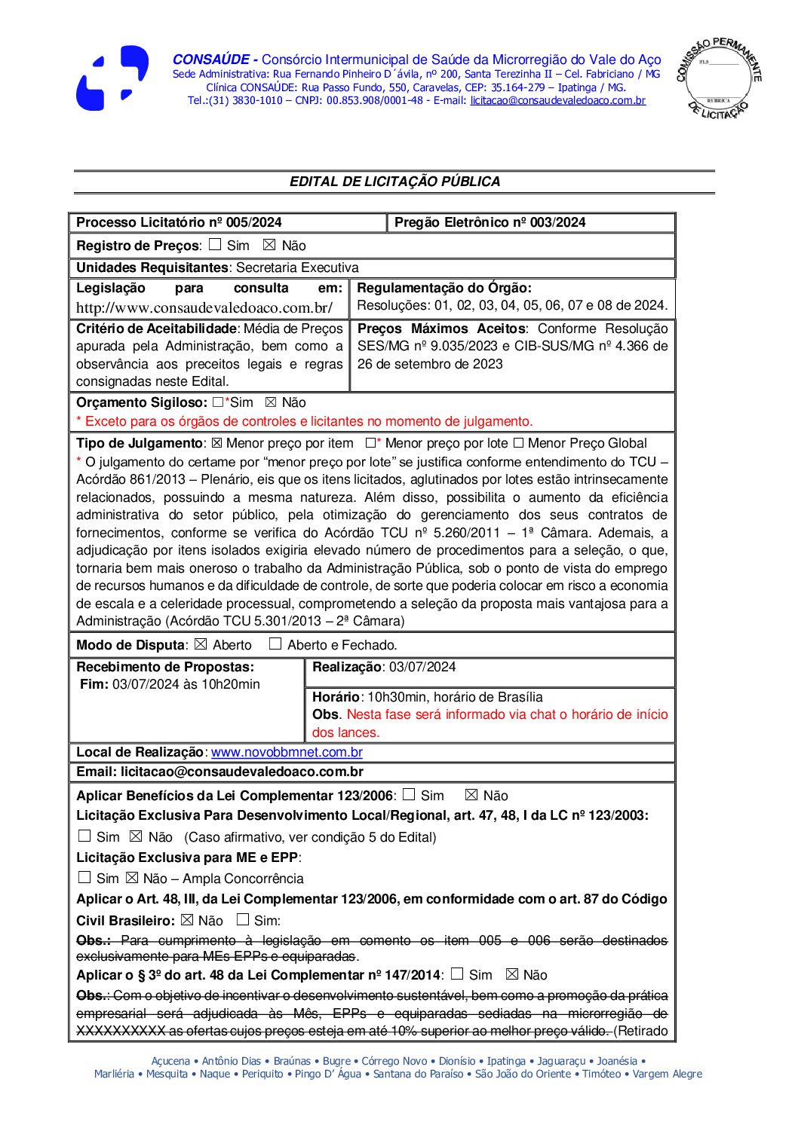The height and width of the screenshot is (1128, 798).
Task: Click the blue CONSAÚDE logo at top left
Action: pos(112,78)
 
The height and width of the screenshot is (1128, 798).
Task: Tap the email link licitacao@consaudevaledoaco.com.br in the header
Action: pos(557,100)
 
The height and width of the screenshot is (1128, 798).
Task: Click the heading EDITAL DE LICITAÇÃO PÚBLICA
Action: pos(394,182)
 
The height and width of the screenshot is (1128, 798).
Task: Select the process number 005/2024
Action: pos(254,222)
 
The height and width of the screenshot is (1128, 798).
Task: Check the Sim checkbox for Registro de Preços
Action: pos(216,245)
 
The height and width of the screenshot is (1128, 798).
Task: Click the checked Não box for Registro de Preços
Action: pos(269,245)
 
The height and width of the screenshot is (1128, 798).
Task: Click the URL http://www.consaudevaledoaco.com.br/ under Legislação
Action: pos(204,307)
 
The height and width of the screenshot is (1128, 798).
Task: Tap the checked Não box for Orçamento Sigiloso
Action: pos(272,402)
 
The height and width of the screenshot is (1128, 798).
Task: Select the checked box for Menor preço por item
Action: pos(216,443)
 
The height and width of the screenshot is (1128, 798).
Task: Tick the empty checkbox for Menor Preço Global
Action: pos(518,443)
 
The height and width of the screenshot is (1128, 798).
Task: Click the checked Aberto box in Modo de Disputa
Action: pos(201,644)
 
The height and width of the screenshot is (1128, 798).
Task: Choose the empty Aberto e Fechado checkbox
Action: pos(275,644)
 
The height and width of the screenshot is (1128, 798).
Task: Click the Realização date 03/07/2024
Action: pos(422,667)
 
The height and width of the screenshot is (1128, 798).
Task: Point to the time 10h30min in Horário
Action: pos(396,697)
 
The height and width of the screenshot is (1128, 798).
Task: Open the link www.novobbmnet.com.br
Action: pos(287,752)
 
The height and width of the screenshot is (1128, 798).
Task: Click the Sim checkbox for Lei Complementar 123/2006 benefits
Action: pos(409,794)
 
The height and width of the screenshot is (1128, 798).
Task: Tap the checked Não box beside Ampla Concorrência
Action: pos(132,878)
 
